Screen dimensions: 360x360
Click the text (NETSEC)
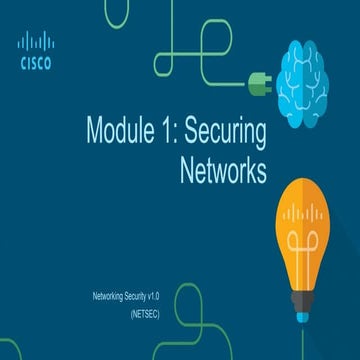click(144, 313)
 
